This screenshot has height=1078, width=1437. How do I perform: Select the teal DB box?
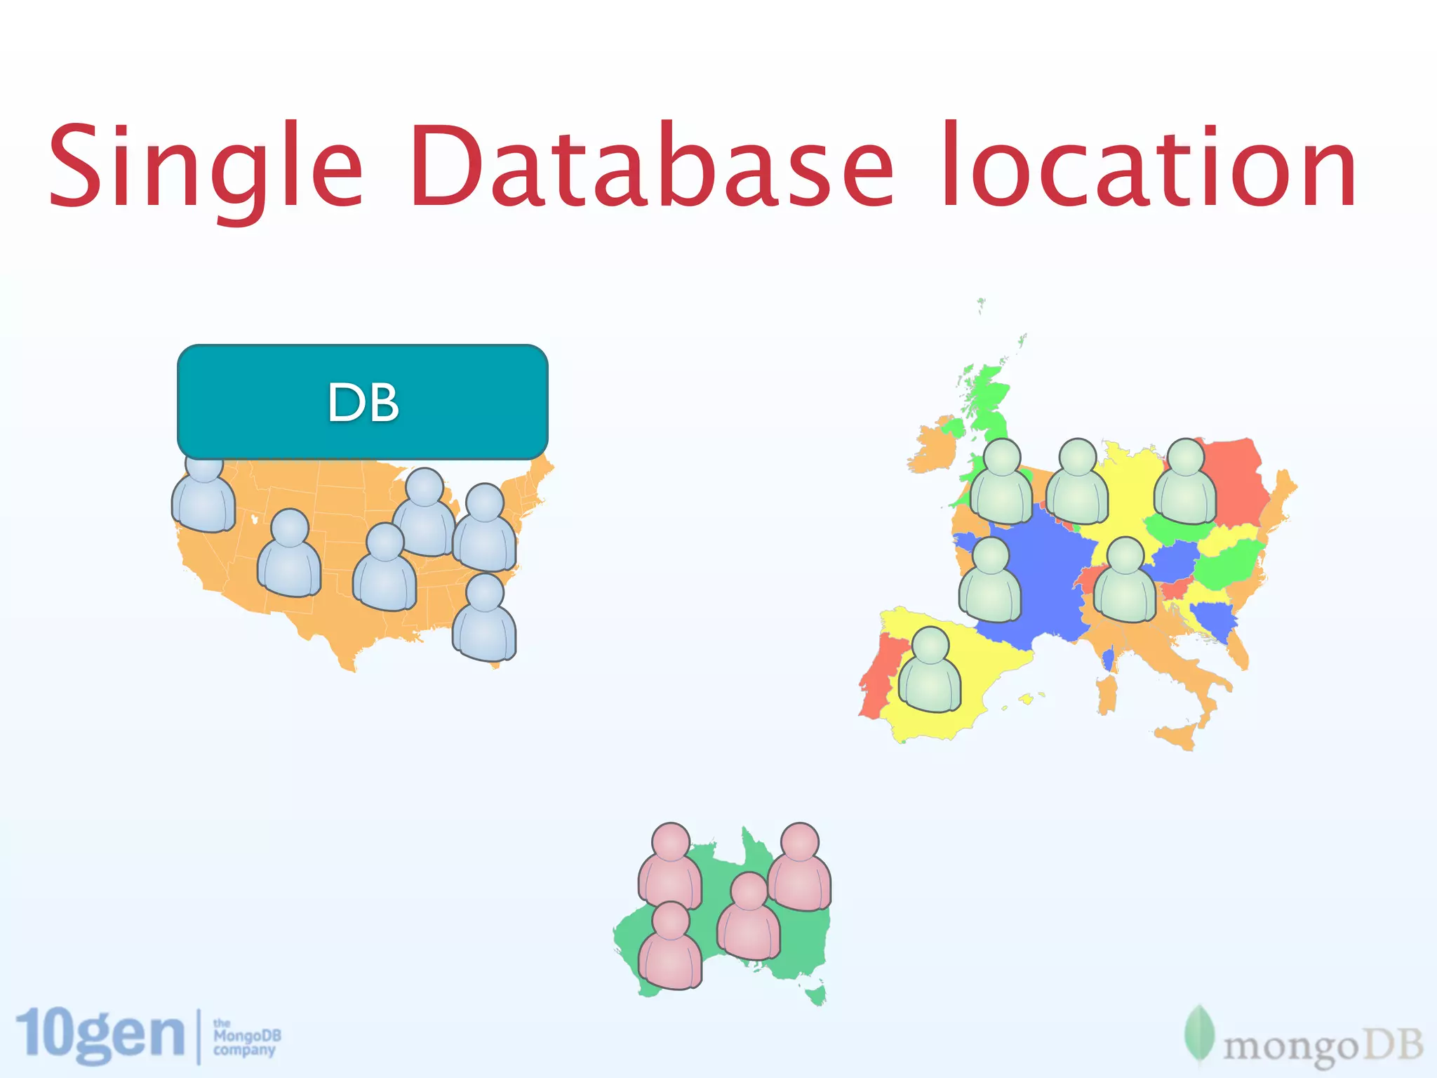click(x=363, y=402)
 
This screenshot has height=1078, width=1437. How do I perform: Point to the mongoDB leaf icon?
click(x=1199, y=1036)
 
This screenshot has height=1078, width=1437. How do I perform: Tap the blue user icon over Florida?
click(x=484, y=620)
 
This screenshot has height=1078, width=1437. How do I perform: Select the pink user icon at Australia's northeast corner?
click(x=799, y=870)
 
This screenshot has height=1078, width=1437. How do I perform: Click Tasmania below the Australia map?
click(x=815, y=995)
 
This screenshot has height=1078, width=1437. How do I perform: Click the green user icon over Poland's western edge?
click(x=1185, y=484)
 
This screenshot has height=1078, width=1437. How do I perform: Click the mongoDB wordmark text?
click(x=1323, y=1046)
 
